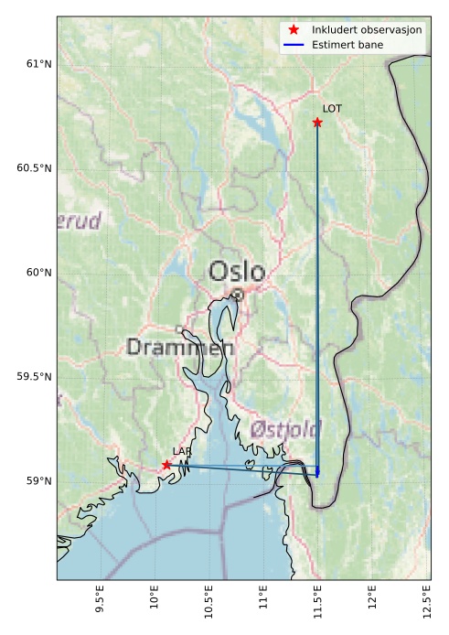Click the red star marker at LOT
pos(317,123)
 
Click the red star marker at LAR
pos(166,465)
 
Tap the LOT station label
pos(332,109)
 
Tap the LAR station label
pos(181,451)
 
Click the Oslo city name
pos(237,272)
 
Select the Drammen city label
pos(180,348)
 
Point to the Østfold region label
pos(285,429)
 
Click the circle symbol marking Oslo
pos(238,295)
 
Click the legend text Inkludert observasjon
pos(366,30)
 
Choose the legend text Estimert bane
pos(347,44)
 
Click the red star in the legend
pos(294,30)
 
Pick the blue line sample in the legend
pos(294,44)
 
